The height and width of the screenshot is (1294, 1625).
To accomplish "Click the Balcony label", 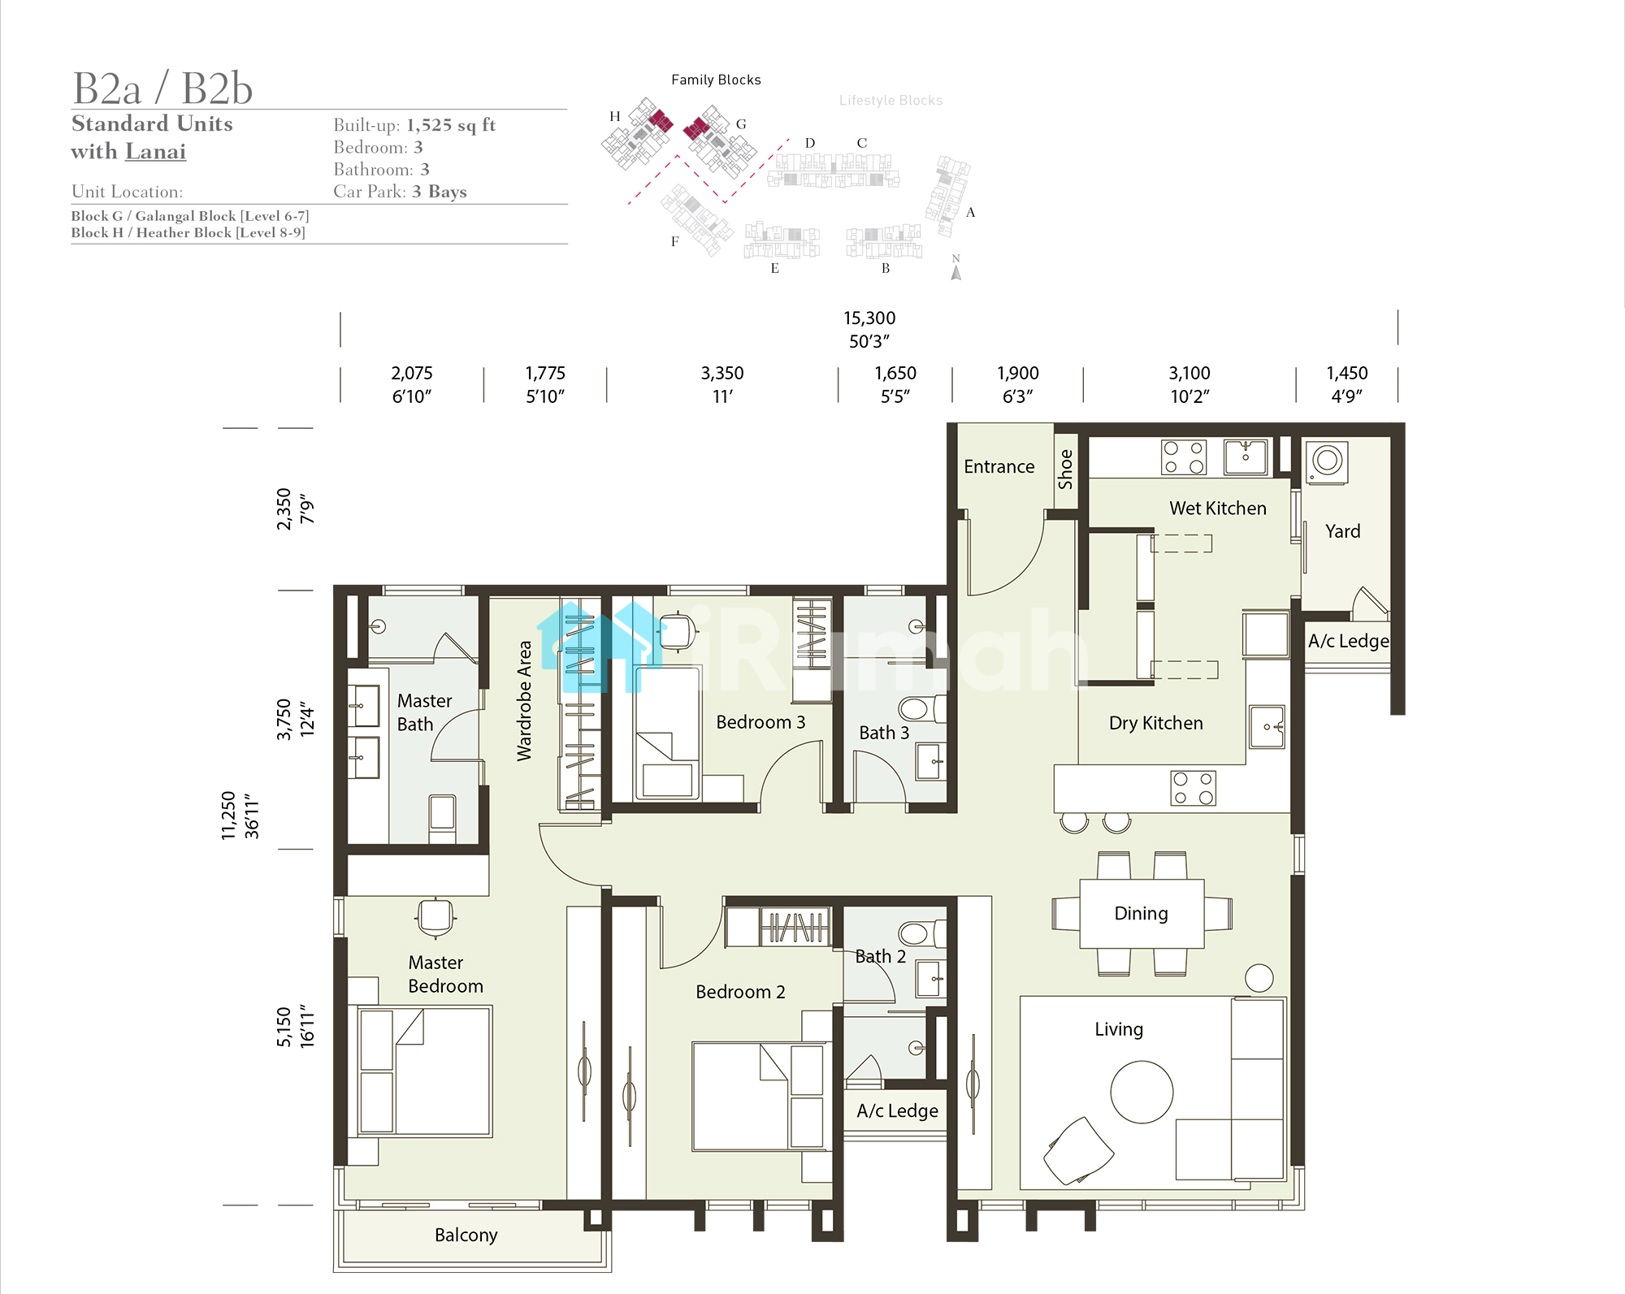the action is (x=466, y=1236).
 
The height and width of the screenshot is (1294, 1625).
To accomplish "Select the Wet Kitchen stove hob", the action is (x=1184, y=457).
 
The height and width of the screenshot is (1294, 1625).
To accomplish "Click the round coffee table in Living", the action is (x=1142, y=1092).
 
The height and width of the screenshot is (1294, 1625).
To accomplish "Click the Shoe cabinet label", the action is (x=1065, y=470).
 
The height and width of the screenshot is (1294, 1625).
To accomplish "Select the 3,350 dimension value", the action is (x=722, y=374).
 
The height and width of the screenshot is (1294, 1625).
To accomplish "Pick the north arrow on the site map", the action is (x=956, y=272).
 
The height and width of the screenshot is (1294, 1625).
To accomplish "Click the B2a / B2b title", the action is (x=162, y=88).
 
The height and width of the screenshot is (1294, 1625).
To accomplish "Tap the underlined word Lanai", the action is (x=155, y=152).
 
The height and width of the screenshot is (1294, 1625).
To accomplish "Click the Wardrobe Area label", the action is (x=524, y=701).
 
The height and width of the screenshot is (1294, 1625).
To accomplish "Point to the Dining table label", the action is (x=1141, y=914).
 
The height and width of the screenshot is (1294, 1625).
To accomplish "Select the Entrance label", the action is (x=999, y=467).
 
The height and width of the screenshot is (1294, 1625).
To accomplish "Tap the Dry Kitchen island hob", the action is (x=1193, y=788).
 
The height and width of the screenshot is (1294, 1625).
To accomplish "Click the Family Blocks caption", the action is (x=716, y=80).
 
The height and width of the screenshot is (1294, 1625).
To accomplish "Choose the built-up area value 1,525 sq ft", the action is (x=451, y=125).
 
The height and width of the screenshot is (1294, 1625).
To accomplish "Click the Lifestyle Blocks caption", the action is (x=890, y=101).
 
